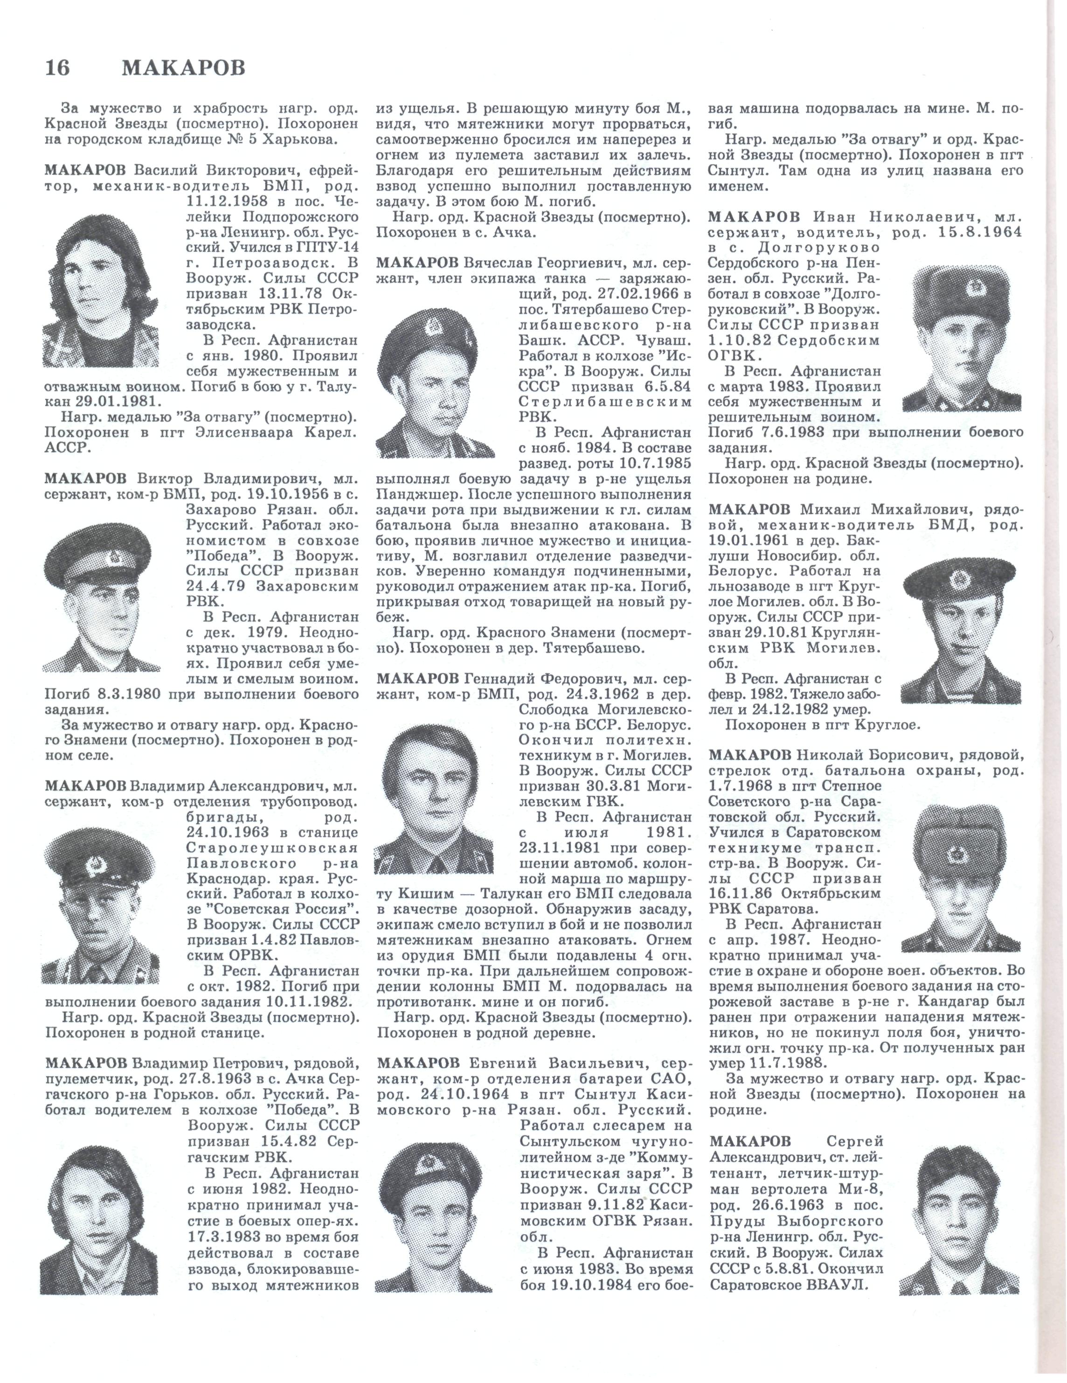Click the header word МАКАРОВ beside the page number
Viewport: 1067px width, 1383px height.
click(183, 68)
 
